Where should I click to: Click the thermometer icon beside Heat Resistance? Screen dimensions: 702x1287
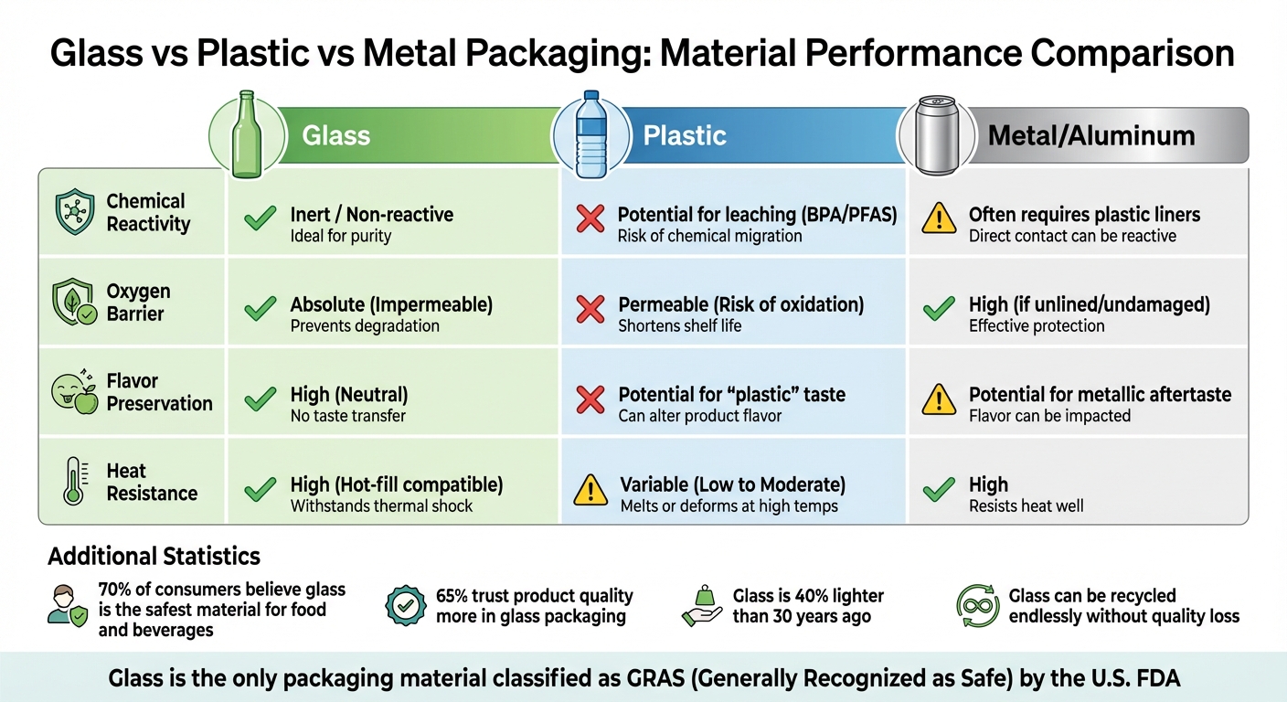(74, 482)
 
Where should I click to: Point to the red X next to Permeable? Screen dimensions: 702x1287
(591, 309)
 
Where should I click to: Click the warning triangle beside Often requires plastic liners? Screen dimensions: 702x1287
(939, 219)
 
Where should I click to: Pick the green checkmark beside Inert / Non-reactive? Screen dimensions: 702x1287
(261, 218)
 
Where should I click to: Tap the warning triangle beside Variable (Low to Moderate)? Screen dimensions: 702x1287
(590, 490)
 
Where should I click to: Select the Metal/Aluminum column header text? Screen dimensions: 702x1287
(1091, 136)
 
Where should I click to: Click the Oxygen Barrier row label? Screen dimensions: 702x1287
(138, 303)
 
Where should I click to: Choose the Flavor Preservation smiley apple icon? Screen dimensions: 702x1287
(74, 392)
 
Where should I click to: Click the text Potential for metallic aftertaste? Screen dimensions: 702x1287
(1100, 395)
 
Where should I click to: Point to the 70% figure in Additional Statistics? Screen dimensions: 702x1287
(115, 590)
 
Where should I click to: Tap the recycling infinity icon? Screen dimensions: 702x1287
(978, 606)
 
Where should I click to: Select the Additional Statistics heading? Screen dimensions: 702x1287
(154, 556)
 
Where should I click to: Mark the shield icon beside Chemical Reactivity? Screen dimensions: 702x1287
(75, 212)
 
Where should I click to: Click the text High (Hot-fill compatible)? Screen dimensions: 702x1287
(397, 484)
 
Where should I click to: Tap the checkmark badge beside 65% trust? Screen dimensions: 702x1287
(406, 605)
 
